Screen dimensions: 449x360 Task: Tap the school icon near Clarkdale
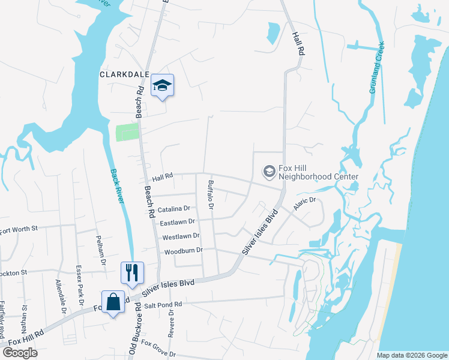[162, 86]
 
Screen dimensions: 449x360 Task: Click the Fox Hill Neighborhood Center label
[319, 172]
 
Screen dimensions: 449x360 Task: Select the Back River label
[116, 186]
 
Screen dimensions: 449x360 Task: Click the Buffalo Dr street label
[211, 195]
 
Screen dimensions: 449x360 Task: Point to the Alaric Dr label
[304, 205]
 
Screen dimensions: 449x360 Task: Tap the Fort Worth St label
[19, 229]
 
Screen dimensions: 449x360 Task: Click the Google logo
[20, 353]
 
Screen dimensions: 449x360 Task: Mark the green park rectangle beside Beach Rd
[127, 132]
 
